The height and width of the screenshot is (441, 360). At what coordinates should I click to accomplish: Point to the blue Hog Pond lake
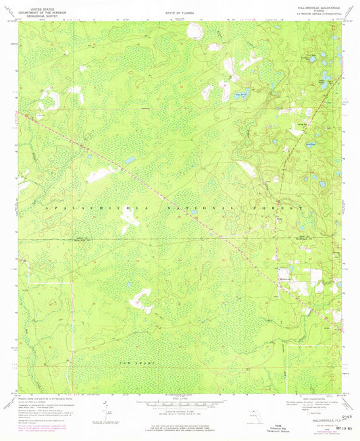tap(240, 95)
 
